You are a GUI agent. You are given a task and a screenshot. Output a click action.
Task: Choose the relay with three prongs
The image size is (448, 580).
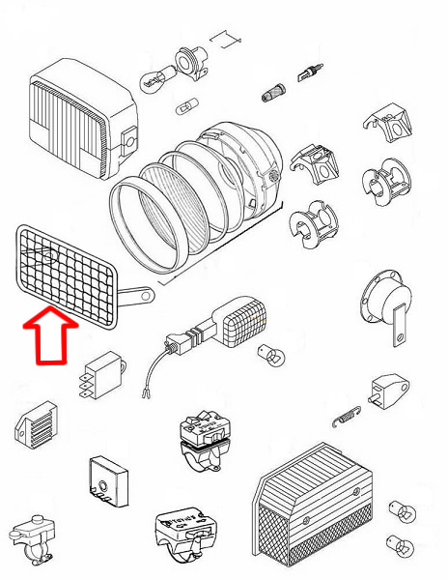pyautogui.click(x=102, y=372)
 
